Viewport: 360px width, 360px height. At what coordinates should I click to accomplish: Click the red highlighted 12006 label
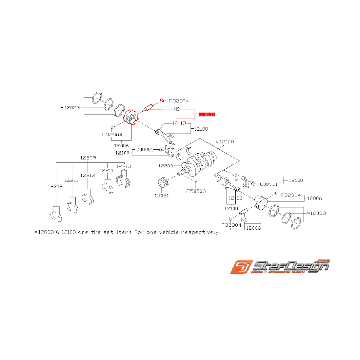pyautogui.click(x=206, y=114)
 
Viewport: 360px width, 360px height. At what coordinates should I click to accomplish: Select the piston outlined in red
pyautogui.click(x=130, y=117)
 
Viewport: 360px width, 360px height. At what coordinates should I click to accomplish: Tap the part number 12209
pyautogui.click(x=88, y=158)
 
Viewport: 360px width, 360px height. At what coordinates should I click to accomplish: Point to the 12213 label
pyautogui.click(x=124, y=167)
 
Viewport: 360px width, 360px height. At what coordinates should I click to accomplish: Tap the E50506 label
pyautogui.click(x=196, y=191)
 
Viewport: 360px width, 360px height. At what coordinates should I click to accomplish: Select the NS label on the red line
pyautogui.click(x=177, y=109)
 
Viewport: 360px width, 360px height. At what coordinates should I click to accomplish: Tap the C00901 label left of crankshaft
pyautogui.click(x=144, y=149)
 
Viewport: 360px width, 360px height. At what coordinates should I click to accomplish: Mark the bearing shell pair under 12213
pyautogui.click(x=124, y=181)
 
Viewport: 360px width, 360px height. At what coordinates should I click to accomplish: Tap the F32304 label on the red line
pyautogui.click(x=178, y=101)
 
